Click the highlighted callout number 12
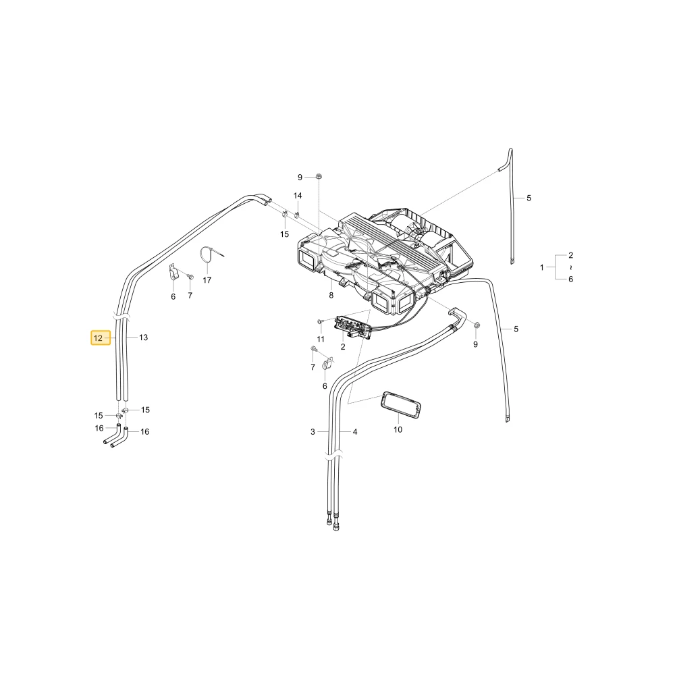pyautogui.click(x=98, y=338)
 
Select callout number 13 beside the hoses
pyautogui.click(x=143, y=337)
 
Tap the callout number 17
pyautogui.click(x=207, y=280)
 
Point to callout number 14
pyautogui.click(x=298, y=196)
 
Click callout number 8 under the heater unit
pyautogui.click(x=331, y=296)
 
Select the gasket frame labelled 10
pyautogui.click(x=401, y=405)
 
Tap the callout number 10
pyautogui.click(x=398, y=429)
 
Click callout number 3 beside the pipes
pyautogui.click(x=313, y=432)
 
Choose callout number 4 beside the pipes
pyautogui.click(x=355, y=432)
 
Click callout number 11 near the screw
pyautogui.click(x=320, y=340)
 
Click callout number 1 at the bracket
pyautogui.click(x=542, y=267)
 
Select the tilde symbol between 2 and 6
pyautogui.click(x=571, y=267)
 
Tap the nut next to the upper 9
pyautogui.click(x=319, y=176)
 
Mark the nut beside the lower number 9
pyautogui.click(x=477, y=325)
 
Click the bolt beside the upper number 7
pyautogui.click(x=191, y=277)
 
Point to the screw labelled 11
pyautogui.click(x=320, y=321)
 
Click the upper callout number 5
pyautogui.click(x=529, y=198)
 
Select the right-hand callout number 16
pyautogui.click(x=144, y=432)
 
